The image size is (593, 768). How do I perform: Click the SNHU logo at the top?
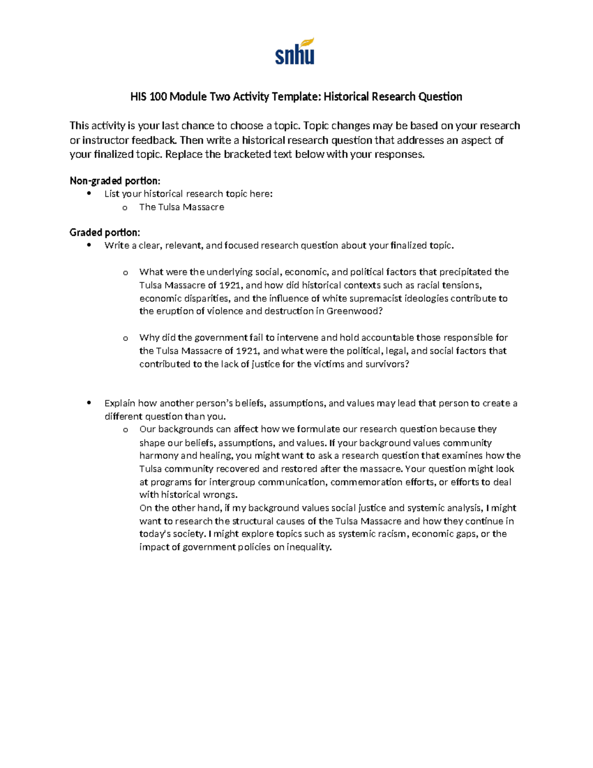tap(295, 51)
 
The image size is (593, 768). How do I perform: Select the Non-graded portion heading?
tap(115, 181)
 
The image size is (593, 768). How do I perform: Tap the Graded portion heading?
tap(105, 232)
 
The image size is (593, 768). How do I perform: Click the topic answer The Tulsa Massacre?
tap(181, 207)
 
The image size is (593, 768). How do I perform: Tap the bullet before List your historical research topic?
tap(89, 193)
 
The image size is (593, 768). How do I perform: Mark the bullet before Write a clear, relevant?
tap(89, 245)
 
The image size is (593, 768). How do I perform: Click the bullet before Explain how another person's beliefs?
tap(89, 403)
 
